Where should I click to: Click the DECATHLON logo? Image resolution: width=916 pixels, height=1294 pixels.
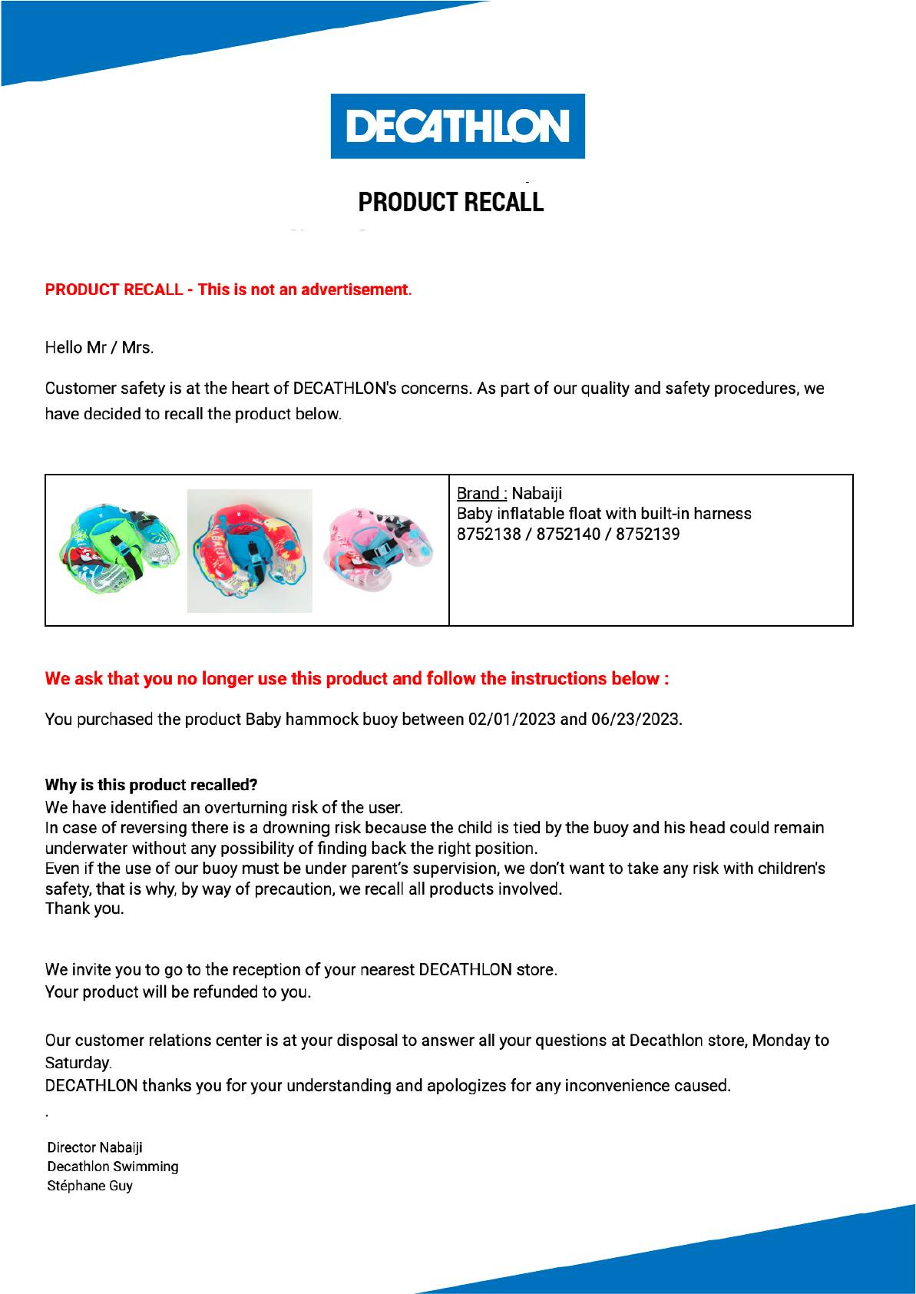(x=458, y=127)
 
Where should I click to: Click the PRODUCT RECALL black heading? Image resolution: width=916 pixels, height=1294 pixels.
(x=451, y=202)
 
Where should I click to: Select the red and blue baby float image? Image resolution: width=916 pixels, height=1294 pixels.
(x=250, y=551)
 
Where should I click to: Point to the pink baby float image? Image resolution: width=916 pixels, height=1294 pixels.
(x=379, y=549)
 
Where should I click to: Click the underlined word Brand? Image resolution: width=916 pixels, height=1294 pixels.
(x=481, y=493)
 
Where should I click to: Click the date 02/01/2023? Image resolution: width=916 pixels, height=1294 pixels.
(x=511, y=720)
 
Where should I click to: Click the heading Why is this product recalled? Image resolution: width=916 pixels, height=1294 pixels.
(x=151, y=785)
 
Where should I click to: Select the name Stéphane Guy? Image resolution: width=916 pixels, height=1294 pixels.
(x=90, y=1186)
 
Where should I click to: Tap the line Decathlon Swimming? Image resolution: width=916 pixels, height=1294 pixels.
(x=113, y=1167)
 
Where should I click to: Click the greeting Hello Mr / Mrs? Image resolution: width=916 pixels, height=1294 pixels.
(x=99, y=348)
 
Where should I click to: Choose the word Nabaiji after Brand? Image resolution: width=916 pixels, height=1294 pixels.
(x=537, y=493)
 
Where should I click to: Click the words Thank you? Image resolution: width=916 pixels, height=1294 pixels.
(x=84, y=908)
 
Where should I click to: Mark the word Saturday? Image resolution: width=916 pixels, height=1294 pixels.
(x=78, y=1064)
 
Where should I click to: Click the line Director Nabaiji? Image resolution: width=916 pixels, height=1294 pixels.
(x=95, y=1147)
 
